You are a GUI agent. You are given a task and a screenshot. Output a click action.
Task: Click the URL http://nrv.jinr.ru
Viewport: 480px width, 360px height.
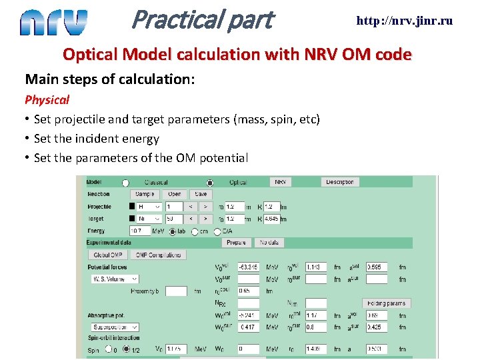(x=404, y=21)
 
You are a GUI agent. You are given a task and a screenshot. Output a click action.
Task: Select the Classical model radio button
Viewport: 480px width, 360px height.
(x=125, y=183)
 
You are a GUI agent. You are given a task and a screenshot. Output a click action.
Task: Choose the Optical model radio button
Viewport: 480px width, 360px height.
(x=210, y=183)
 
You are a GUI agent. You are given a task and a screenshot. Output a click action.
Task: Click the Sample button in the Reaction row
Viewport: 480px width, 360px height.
(x=144, y=194)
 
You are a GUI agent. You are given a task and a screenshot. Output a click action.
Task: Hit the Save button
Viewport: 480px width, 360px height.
(x=200, y=194)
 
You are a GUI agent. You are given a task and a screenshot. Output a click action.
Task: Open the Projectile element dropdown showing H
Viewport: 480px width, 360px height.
(x=149, y=207)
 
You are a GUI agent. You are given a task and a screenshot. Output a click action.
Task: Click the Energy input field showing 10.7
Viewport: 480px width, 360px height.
(x=139, y=231)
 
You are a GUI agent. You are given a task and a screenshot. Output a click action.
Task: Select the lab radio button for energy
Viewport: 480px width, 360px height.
(x=172, y=232)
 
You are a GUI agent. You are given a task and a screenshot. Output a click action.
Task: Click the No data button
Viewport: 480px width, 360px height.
(x=269, y=243)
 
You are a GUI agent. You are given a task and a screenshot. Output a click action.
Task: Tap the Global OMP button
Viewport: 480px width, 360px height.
(x=107, y=255)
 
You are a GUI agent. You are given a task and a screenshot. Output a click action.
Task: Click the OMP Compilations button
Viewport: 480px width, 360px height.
(x=159, y=255)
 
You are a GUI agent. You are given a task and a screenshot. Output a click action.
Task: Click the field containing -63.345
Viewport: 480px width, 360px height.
(x=249, y=267)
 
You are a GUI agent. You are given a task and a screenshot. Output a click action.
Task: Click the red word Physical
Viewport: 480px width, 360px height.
(x=47, y=100)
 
